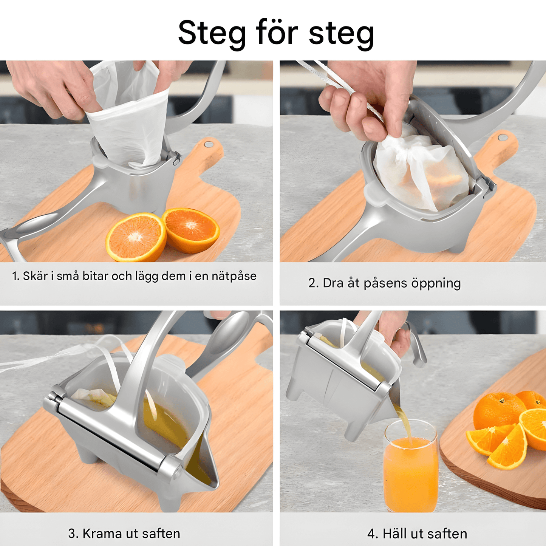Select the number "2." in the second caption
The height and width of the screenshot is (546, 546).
pyautogui.click(x=313, y=283)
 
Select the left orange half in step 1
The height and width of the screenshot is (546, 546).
pyautogui.click(x=136, y=237)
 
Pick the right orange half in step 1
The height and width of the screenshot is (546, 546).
pyautogui.click(x=191, y=229)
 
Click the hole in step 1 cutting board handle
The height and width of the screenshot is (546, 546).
pyautogui.click(x=209, y=144)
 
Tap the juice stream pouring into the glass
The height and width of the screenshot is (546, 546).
pyautogui.click(x=404, y=423)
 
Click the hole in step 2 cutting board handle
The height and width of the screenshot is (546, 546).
pyautogui.click(x=503, y=137)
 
